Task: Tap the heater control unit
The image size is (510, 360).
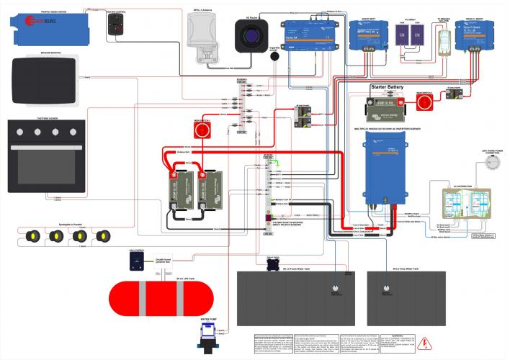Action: (x=115, y=26)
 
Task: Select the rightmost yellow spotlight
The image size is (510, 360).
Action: (x=104, y=236)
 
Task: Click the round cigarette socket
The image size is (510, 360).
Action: (x=274, y=61)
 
